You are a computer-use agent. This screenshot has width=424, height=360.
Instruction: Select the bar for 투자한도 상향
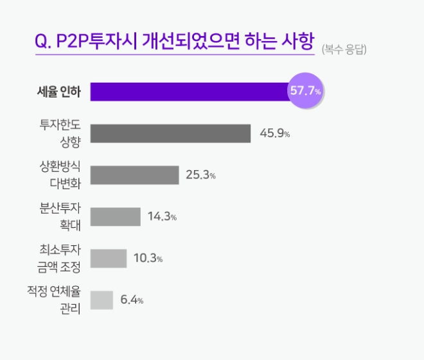click(170, 133)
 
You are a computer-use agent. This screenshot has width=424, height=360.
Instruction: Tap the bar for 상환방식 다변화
click(134, 175)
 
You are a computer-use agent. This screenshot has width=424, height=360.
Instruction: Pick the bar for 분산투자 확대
click(115, 217)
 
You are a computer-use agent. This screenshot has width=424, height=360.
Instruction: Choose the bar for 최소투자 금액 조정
click(109, 259)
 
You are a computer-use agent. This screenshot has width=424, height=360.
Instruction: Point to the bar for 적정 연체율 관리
click(102, 300)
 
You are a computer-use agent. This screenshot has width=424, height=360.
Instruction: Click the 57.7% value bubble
click(305, 92)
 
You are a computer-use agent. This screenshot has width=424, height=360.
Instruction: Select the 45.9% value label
click(275, 134)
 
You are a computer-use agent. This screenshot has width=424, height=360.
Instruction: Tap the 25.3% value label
click(200, 175)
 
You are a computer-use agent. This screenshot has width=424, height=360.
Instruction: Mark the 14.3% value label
click(162, 217)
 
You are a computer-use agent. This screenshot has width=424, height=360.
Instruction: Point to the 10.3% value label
click(148, 259)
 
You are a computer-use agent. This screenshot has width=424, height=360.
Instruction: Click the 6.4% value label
click(132, 300)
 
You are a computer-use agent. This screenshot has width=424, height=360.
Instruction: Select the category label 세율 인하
click(58, 92)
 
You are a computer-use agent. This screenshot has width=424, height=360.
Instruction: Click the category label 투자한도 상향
click(60, 133)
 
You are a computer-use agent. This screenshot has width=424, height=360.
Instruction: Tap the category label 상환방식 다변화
click(60, 175)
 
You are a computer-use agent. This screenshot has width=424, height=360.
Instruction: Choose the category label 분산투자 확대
click(60, 217)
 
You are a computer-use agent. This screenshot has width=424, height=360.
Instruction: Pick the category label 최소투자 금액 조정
click(60, 259)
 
